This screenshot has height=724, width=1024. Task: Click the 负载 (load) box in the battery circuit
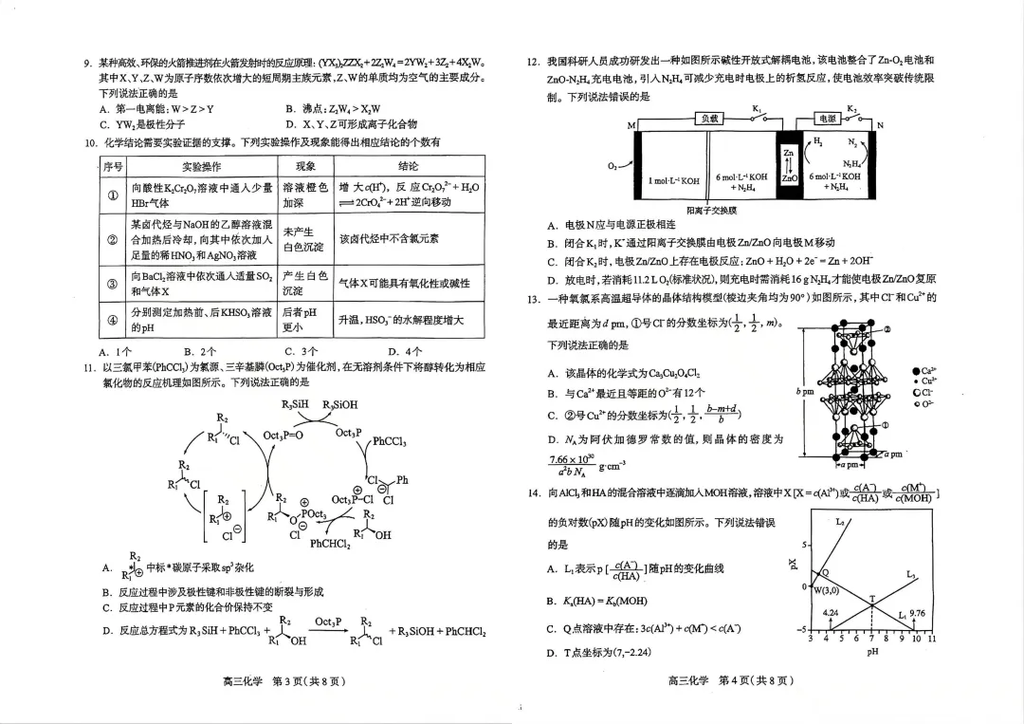coord(710,119)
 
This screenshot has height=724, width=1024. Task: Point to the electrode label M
coord(631,126)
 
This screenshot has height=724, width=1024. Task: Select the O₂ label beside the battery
coord(611,164)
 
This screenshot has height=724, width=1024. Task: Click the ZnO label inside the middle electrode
coord(789,177)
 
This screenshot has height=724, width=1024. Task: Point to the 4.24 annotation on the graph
coord(831,614)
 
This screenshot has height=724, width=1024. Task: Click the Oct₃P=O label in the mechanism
coord(283,435)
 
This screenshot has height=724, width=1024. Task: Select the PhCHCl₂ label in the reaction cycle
coord(329,544)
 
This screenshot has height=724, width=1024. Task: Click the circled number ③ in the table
coord(112,283)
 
